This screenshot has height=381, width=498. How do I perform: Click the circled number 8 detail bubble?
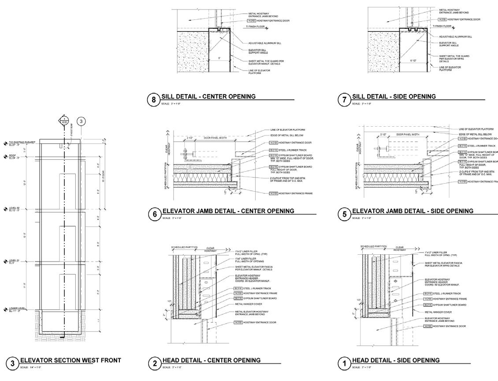tap(153, 100)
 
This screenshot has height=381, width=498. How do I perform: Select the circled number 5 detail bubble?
tap(344, 214)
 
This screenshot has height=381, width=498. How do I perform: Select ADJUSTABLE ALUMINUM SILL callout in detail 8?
tap(265, 43)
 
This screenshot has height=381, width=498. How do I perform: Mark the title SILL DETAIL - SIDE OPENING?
tap(394, 96)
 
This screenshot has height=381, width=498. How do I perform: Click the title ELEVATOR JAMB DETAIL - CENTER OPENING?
tap(228, 211)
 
